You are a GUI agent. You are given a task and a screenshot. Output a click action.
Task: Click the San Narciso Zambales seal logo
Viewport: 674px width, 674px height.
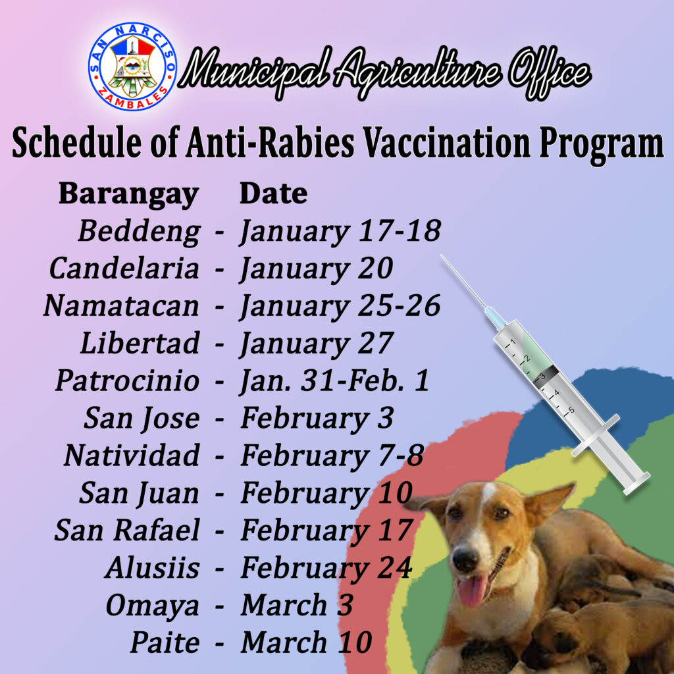pyautogui.click(x=133, y=66)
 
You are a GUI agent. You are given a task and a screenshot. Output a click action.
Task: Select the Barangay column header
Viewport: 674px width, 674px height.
pyautogui.click(x=128, y=194)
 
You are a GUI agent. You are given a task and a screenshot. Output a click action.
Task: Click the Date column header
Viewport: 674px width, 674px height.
pyautogui.click(x=273, y=194)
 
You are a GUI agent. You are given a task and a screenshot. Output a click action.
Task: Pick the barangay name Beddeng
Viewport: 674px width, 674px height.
pyautogui.click(x=139, y=231)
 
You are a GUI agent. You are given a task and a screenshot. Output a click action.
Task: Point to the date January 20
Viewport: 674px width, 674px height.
pyautogui.click(x=316, y=268)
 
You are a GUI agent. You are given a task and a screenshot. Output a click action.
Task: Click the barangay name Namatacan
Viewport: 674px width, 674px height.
pyautogui.click(x=121, y=305)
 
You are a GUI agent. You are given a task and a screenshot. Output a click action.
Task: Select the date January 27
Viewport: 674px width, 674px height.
pyautogui.click(x=316, y=343)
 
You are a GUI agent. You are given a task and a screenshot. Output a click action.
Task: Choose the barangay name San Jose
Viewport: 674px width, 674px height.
pyautogui.click(x=142, y=418)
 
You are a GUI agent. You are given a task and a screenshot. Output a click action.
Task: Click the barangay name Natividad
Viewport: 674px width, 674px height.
pyautogui.click(x=132, y=455)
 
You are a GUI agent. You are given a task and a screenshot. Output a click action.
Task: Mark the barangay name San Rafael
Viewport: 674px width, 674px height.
pyautogui.click(x=127, y=530)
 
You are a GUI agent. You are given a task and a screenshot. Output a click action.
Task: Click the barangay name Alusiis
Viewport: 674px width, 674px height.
pyautogui.click(x=152, y=567)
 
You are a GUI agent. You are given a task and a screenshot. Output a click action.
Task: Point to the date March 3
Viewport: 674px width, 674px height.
pyautogui.click(x=297, y=605)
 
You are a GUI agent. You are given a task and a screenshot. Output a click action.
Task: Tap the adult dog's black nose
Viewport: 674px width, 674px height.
pyautogui.click(x=465, y=559)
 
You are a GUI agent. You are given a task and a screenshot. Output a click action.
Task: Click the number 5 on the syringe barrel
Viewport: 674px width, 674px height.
pyautogui.click(x=571, y=409)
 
